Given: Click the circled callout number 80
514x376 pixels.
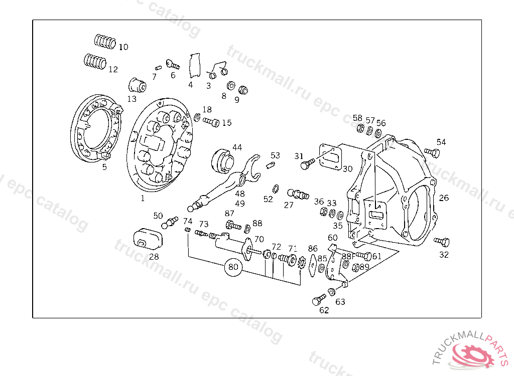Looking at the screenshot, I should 233,267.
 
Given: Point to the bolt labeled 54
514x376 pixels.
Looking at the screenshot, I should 430,151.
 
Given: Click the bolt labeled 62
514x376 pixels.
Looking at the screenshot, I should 318,300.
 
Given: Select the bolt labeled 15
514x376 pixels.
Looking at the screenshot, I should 211,122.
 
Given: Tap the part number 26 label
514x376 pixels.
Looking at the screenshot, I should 444,198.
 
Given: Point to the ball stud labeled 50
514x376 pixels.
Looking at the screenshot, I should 170,222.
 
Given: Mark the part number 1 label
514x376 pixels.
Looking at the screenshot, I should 142,198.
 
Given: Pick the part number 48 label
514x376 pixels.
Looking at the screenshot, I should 240,194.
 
